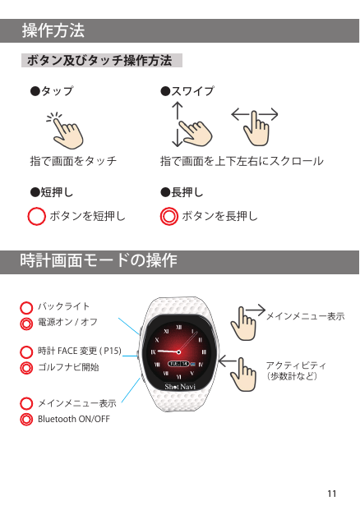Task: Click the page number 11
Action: [332, 494]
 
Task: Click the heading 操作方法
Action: [53, 30]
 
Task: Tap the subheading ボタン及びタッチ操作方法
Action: [99, 61]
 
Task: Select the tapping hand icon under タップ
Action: [65, 131]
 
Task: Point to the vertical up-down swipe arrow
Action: [177, 124]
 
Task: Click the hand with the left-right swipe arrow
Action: [255, 126]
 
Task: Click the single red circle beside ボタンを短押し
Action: [36, 216]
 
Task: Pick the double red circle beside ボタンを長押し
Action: [169, 216]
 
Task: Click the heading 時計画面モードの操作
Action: [99, 260]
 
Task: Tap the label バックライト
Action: [63, 306]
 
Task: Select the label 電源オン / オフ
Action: [67, 322]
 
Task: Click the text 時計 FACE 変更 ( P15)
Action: [80, 351]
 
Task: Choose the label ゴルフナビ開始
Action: [68, 367]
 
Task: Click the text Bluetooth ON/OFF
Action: [74, 419]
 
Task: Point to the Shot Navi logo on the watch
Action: [180, 387]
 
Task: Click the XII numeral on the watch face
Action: [178, 327]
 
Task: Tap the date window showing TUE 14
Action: [178, 364]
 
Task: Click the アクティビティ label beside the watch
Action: [296, 365]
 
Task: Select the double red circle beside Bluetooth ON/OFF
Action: [26, 420]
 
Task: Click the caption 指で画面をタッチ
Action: [74, 161]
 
